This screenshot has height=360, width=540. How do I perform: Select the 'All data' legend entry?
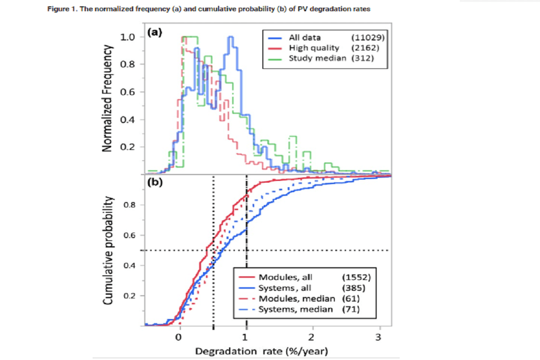click(x=305, y=37)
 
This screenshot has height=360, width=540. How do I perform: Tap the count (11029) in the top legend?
click(x=361, y=37)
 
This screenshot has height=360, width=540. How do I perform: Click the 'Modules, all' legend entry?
click(x=285, y=277)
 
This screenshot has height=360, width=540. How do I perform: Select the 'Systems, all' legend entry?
click(x=285, y=288)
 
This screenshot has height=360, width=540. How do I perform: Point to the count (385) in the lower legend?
click(x=352, y=288)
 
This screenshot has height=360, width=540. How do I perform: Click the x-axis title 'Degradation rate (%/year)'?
click(x=261, y=351)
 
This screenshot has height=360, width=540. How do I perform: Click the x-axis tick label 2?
click(x=312, y=337)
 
